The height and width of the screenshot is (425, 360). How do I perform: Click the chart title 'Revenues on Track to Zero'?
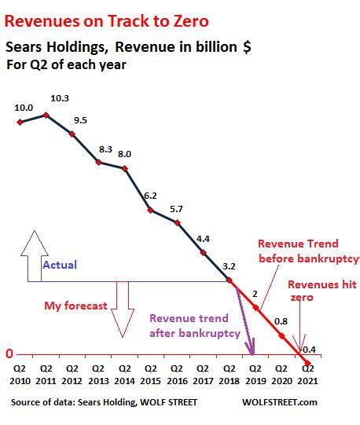pyautogui.click(x=107, y=21)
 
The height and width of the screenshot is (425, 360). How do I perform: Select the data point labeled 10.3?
pyautogui.click(x=46, y=115)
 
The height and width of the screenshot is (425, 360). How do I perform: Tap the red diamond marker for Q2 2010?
pyautogui.click(x=20, y=123)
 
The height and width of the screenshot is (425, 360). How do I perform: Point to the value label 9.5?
pyautogui.click(x=81, y=120)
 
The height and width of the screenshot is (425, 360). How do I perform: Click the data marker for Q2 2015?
pyautogui.click(x=151, y=210)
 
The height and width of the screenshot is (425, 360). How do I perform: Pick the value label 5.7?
pyautogui.click(x=176, y=209)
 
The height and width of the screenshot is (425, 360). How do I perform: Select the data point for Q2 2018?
pyautogui.click(x=230, y=280)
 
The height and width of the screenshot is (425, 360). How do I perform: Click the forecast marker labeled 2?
pyautogui.click(x=255, y=308)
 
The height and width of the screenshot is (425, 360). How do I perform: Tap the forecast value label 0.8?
pyautogui.click(x=281, y=321)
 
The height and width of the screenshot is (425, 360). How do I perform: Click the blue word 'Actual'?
pyautogui.click(x=60, y=265)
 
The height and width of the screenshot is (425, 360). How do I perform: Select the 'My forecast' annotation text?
pyautogui.click(x=75, y=306)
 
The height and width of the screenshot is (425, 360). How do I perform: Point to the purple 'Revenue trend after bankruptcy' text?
pyautogui.click(x=195, y=326)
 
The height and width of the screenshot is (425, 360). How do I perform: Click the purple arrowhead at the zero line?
pyautogui.click(x=252, y=347)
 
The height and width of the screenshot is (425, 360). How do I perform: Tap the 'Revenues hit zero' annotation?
pyautogui.click(x=322, y=291)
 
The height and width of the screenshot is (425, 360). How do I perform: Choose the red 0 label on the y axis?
pyautogui.click(x=9, y=354)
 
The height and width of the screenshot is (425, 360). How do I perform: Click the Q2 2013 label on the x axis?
pyautogui.click(x=98, y=375)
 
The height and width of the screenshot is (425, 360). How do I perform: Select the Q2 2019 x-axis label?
pyautogui.click(x=255, y=375)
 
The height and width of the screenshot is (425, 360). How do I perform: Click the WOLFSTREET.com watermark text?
pyautogui.click(x=280, y=402)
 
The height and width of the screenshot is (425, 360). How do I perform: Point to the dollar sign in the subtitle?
pyautogui.click(x=247, y=47)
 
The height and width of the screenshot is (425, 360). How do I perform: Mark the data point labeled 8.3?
pyautogui.click(x=98, y=163)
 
